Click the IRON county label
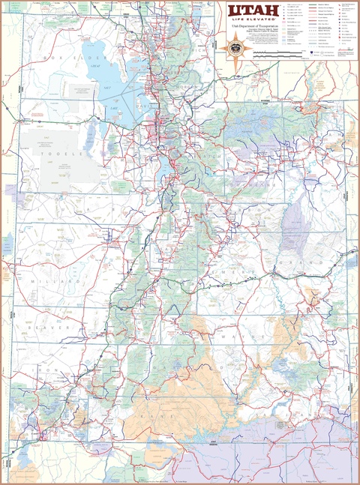coord(52,370)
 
